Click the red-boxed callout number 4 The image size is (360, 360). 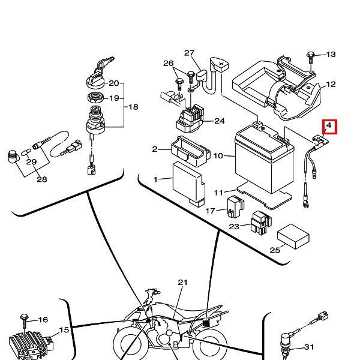click(x=329, y=127)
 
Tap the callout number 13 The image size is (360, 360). click(x=331, y=55)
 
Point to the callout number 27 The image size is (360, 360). click(x=190, y=53)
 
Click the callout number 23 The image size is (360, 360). click(x=235, y=227)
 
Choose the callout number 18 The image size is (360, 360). click(x=133, y=107)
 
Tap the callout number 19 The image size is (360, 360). click(x=113, y=98)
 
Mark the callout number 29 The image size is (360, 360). click(x=31, y=162)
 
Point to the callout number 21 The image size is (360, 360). click(x=183, y=282)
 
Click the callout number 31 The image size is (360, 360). click(x=309, y=347)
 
